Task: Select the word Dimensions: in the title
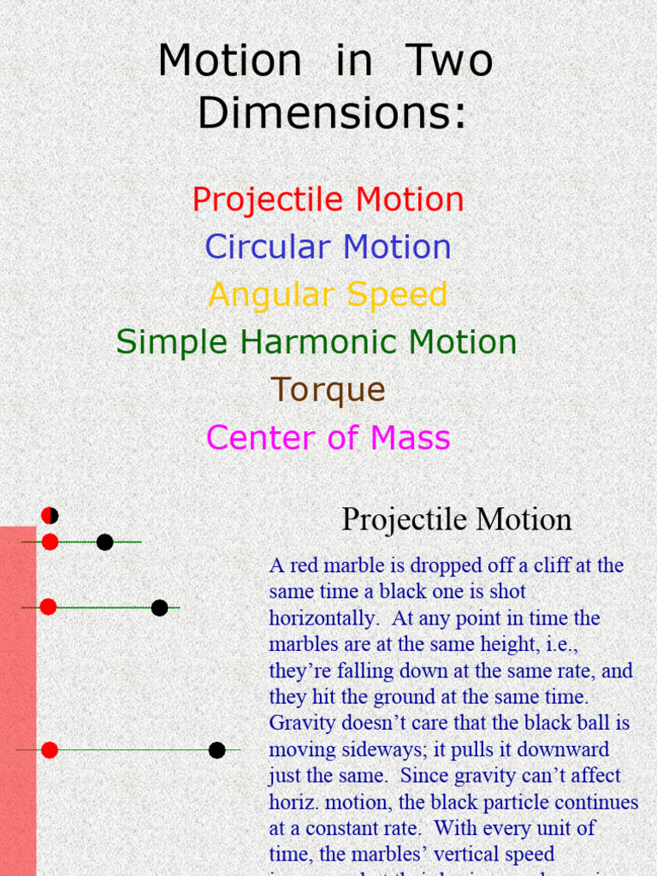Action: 333,113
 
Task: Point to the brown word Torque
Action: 328,390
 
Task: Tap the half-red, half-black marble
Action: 50,515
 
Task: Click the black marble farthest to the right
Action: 217,750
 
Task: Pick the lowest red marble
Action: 50,750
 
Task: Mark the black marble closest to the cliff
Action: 104,542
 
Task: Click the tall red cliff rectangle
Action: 17,701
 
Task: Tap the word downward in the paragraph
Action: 565,750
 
